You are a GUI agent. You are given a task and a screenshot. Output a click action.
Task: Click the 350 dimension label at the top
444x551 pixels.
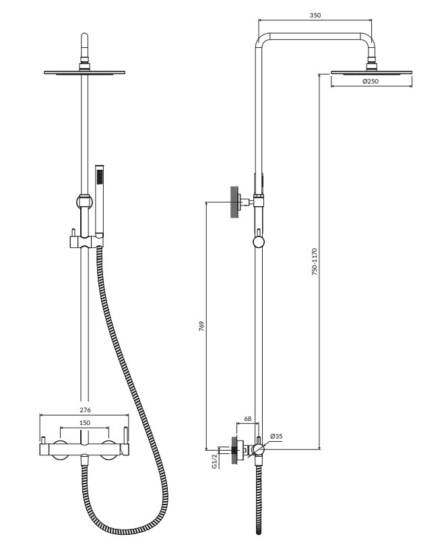pyautogui.click(x=315, y=15)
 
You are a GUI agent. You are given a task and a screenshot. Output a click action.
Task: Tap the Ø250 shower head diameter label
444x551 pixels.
pyautogui.click(x=371, y=82)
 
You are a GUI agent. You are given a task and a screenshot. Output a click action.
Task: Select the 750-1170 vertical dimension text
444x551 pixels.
pyautogui.click(x=315, y=261)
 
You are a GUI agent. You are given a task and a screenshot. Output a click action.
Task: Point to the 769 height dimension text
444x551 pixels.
pyautogui.click(x=201, y=327)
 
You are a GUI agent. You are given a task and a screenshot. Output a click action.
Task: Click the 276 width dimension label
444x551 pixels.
pyautogui.click(x=85, y=410)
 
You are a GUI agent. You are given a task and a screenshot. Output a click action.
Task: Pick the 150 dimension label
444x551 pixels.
pyautogui.click(x=85, y=423)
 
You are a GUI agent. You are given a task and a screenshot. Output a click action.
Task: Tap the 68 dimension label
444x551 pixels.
pyautogui.click(x=248, y=418)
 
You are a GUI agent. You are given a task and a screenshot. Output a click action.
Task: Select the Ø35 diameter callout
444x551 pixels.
pyautogui.click(x=276, y=436)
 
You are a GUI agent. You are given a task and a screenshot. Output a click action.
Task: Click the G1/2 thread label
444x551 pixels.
pyautogui.click(x=214, y=461)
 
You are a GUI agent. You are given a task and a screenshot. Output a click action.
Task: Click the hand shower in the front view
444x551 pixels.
pyautogui.click(x=100, y=200)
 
